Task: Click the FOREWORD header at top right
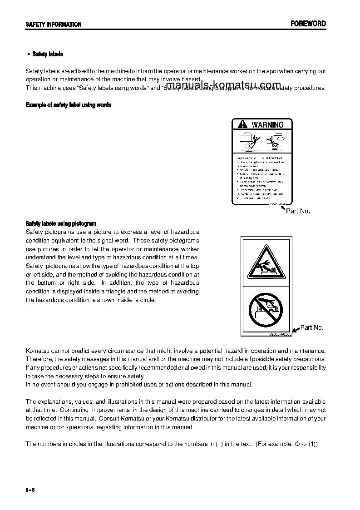pos(308,24)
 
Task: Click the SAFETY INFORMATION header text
pos(54,25)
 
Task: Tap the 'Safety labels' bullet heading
pos(47,54)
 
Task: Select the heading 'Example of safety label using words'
pos(69,105)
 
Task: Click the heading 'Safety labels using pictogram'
pos(61,223)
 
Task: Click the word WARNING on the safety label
pos(267,124)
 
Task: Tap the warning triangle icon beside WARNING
pos(242,124)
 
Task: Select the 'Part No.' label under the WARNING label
pos(298,211)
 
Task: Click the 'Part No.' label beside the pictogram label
pos(312,327)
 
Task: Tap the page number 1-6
pos(30,490)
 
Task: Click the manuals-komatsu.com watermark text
pos(223,85)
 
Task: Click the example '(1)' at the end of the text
pos(313,444)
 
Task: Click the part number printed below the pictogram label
pos(277,334)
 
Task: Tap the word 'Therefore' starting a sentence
pos(39,359)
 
